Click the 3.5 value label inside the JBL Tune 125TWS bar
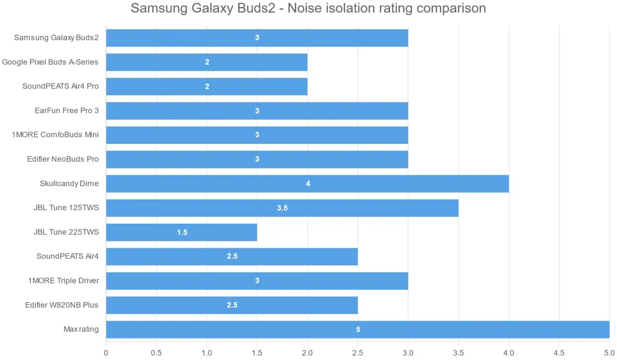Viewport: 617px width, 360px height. [x=282, y=208]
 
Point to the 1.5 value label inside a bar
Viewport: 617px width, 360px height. [x=182, y=233]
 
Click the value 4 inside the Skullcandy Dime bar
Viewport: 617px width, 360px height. [x=308, y=184]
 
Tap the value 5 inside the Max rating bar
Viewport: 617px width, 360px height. [x=358, y=330]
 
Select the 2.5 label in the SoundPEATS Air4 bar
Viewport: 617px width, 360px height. [x=232, y=257]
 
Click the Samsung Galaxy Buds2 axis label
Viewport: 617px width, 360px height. [x=56, y=38]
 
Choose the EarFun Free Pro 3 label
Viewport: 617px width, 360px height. [x=66, y=111]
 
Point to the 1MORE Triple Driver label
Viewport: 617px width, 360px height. [x=63, y=281]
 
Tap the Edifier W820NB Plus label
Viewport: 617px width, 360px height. [x=62, y=305]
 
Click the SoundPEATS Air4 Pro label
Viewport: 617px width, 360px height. [x=60, y=86]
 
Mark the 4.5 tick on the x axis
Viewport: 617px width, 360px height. [x=559, y=353]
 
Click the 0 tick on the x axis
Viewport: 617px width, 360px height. [x=106, y=353]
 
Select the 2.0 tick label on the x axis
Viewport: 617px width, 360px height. [x=307, y=353]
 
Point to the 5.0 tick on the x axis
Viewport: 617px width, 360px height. [x=609, y=353]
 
